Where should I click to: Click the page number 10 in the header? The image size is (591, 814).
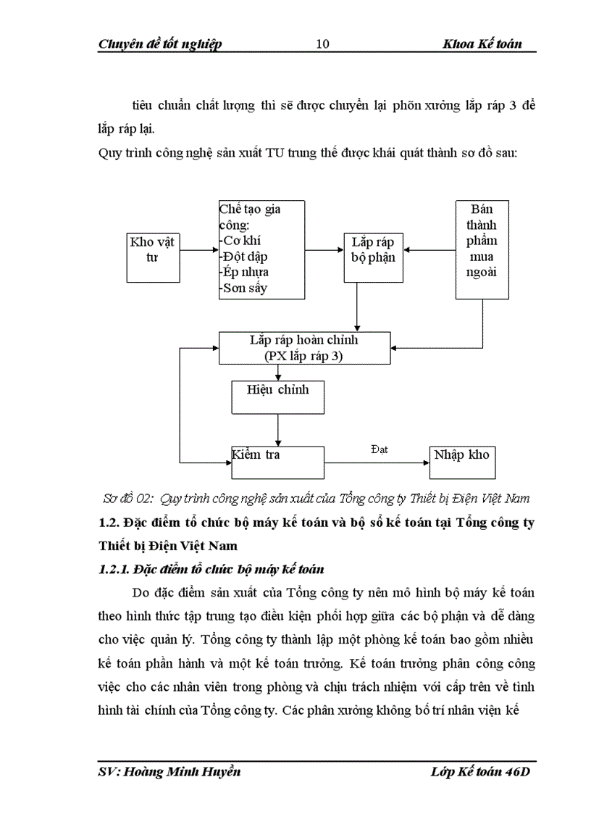tap(323, 44)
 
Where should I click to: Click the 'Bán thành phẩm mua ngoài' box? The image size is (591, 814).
tap(482, 249)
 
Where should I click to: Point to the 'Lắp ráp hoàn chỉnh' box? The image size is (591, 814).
tap(303, 348)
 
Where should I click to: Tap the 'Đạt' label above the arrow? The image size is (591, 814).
tap(379, 449)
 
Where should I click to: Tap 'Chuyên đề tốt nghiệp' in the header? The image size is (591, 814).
tap(159, 44)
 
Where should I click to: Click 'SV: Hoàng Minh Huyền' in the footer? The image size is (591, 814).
tap(169, 772)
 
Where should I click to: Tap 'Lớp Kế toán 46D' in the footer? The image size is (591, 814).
tap(479, 772)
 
